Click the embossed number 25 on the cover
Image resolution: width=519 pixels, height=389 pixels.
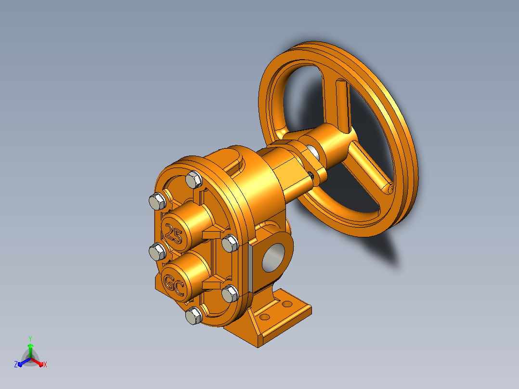[x=174, y=233]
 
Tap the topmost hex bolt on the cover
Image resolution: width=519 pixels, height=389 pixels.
[x=194, y=180]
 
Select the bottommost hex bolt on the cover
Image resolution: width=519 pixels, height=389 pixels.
[x=194, y=315]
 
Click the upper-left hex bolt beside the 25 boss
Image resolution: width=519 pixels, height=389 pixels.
[x=157, y=201]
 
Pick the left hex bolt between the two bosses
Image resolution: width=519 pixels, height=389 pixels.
[x=157, y=252]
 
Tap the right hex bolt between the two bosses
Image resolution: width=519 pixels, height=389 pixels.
[x=230, y=243]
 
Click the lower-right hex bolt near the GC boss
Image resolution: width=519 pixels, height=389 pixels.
[x=230, y=294]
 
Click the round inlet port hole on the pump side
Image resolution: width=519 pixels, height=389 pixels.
[x=273, y=258]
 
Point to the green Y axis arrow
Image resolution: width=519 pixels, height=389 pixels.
[x=30, y=348]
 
